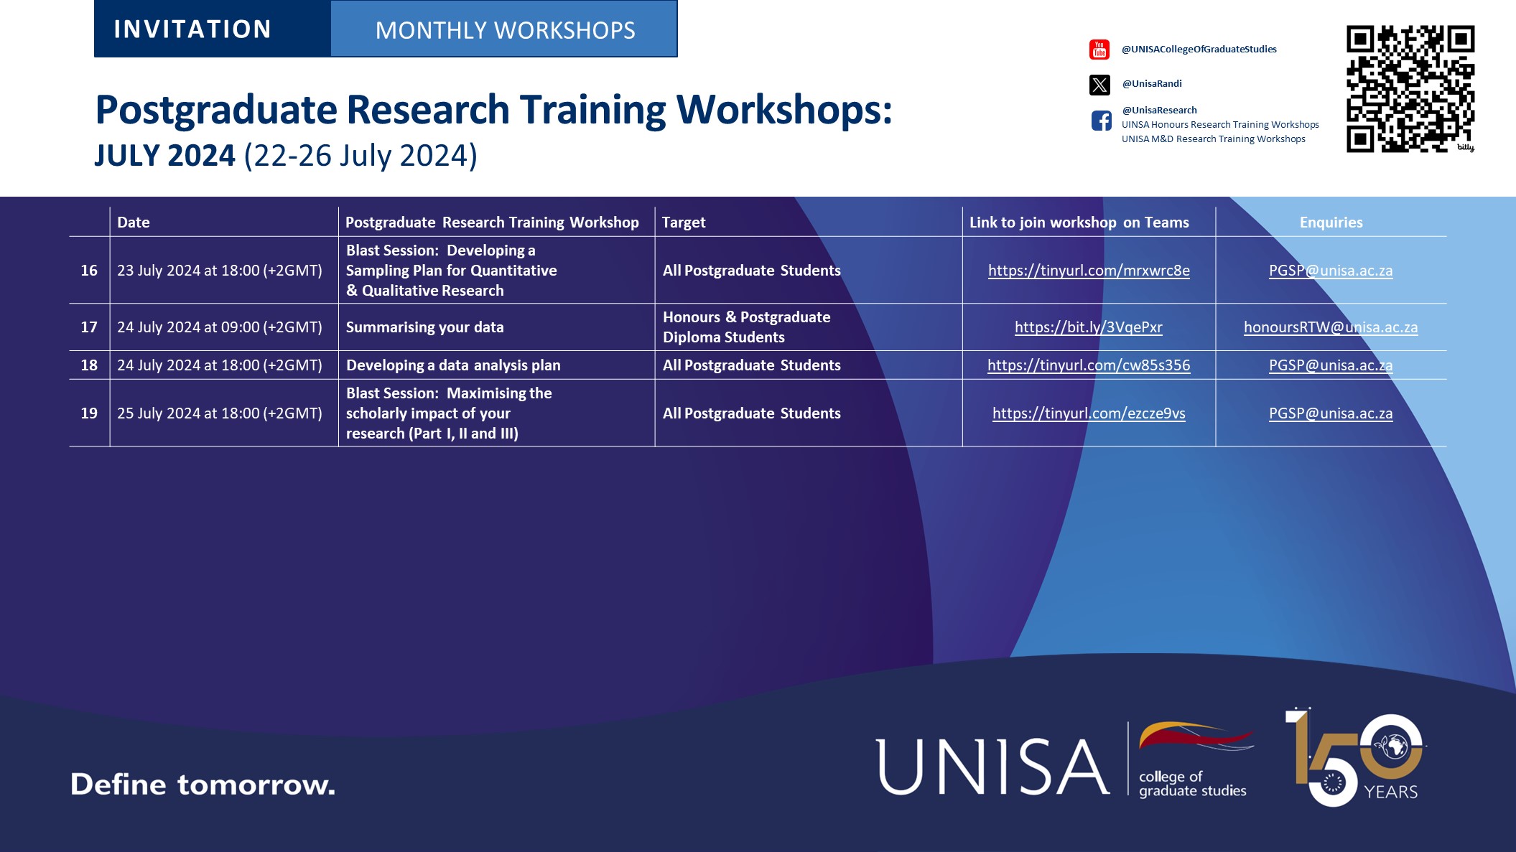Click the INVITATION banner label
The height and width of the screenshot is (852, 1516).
pyautogui.click(x=192, y=29)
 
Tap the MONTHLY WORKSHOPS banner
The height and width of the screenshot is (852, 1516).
pyautogui.click(x=504, y=30)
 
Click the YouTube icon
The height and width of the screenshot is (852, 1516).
pyautogui.click(x=1099, y=50)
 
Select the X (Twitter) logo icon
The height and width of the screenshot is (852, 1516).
pyautogui.click(x=1099, y=85)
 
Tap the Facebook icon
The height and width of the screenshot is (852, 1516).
pyautogui.click(x=1101, y=121)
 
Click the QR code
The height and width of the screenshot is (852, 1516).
pyautogui.click(x=1410, y=89)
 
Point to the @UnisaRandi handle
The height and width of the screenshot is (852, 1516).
pyautogui.click(x=1152, y=83)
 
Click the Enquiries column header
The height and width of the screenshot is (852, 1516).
pyautogui.click(x=1331, y=223)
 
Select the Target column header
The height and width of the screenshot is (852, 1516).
pyautogui.click(x=684, y=223)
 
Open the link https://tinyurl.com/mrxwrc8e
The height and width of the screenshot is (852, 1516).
pyautogui.click(x=1089, y=271)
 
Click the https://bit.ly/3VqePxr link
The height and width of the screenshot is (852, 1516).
pyautogui.click(x=1088, y=327)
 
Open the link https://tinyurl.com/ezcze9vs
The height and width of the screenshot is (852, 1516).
pyautogui.click(x=1089, y=413)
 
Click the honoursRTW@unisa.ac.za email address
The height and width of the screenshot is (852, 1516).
pyautogui.click(x=1331, y=327)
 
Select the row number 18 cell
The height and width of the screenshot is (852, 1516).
pyautogui.click(x=89, y=365)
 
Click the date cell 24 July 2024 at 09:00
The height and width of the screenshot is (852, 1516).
pyautogui.click(x=220, y=327)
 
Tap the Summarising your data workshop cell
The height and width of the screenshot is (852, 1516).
pyautogui.click(x=425, y=327)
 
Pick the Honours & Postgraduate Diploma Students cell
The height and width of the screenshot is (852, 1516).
pyautogui.click(x=746, y=327)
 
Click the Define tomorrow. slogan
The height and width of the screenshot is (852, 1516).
pyautogui.click(x=203, y=785)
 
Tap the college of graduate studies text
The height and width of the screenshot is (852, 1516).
pyautogui.click(x=1192, y=784)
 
